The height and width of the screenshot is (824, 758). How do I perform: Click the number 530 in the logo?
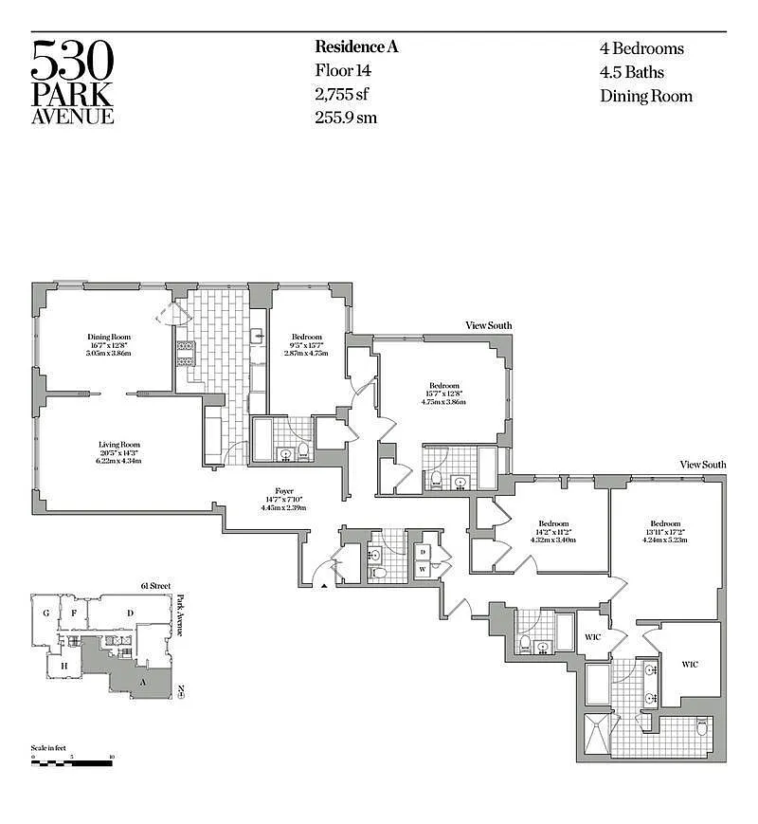click(73, 61)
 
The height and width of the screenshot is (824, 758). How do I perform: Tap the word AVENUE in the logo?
click(73, 117)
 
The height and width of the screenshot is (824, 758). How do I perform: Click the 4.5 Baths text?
click(631, 72)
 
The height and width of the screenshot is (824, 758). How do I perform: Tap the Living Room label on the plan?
click(119, 444)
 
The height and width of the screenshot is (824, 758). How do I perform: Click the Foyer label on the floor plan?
click(285, 491)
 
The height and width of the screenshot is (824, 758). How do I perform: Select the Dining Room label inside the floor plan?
click(109, 338)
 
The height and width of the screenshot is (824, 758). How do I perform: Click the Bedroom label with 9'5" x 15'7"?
click(307, 338)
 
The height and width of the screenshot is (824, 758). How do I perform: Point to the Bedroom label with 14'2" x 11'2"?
click(553, 524)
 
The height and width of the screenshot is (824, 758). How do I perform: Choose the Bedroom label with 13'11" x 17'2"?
click(665, 524)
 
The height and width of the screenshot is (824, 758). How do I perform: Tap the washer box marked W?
click(424, 570)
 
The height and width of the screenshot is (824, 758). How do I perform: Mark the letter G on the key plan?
click(45, 613)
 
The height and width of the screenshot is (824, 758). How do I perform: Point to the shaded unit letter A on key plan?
click(142, 682)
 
